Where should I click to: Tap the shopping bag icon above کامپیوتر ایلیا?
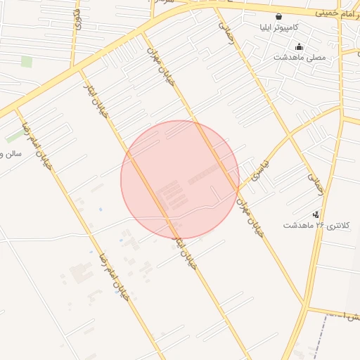(x=279, y=16)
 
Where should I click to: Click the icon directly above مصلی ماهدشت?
(x=299, y=47)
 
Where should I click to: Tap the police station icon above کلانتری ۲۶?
(x=316, y=214)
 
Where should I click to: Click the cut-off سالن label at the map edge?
(x=11, y=153)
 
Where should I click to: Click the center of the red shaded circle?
(x=180, y=180)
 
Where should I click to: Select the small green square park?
(x=27, y=62)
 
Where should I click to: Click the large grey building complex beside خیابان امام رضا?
(x=82, y=274)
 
